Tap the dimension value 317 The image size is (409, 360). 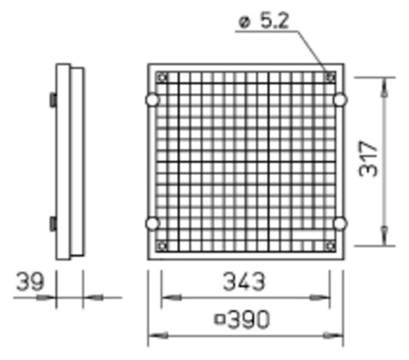tap(368, 159)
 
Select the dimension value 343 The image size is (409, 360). tap(244, 281)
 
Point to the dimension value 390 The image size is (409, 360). tap(249, 319)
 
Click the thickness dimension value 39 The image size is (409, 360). tap(29, 281)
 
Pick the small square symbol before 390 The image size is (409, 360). tap(220, 319)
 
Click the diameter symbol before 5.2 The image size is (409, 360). tap(244, 22)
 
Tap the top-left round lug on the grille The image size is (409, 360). tap(152, 100)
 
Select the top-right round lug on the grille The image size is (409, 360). tap(340, 100)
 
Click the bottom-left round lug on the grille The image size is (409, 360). tap(152, 223)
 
